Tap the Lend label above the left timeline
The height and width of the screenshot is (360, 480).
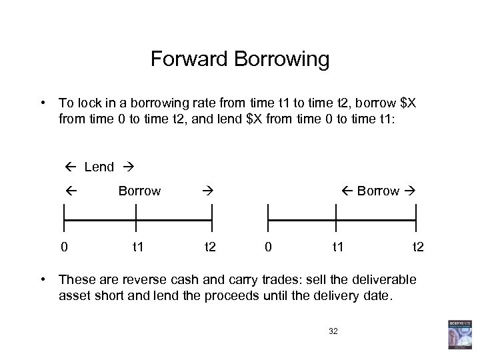(99, 167)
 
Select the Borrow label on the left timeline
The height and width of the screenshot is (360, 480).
(139, 191)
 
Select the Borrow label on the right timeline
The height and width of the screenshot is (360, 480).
(378, 191)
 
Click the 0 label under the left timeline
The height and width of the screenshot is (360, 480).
(63, 247)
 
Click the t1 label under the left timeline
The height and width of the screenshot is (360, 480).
(138, 247)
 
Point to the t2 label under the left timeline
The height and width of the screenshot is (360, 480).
(210, 247)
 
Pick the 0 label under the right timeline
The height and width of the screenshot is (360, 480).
(267, 247)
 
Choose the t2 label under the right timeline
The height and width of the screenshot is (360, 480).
(417, 247)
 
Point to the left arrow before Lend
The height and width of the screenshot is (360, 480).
(71, 167)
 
